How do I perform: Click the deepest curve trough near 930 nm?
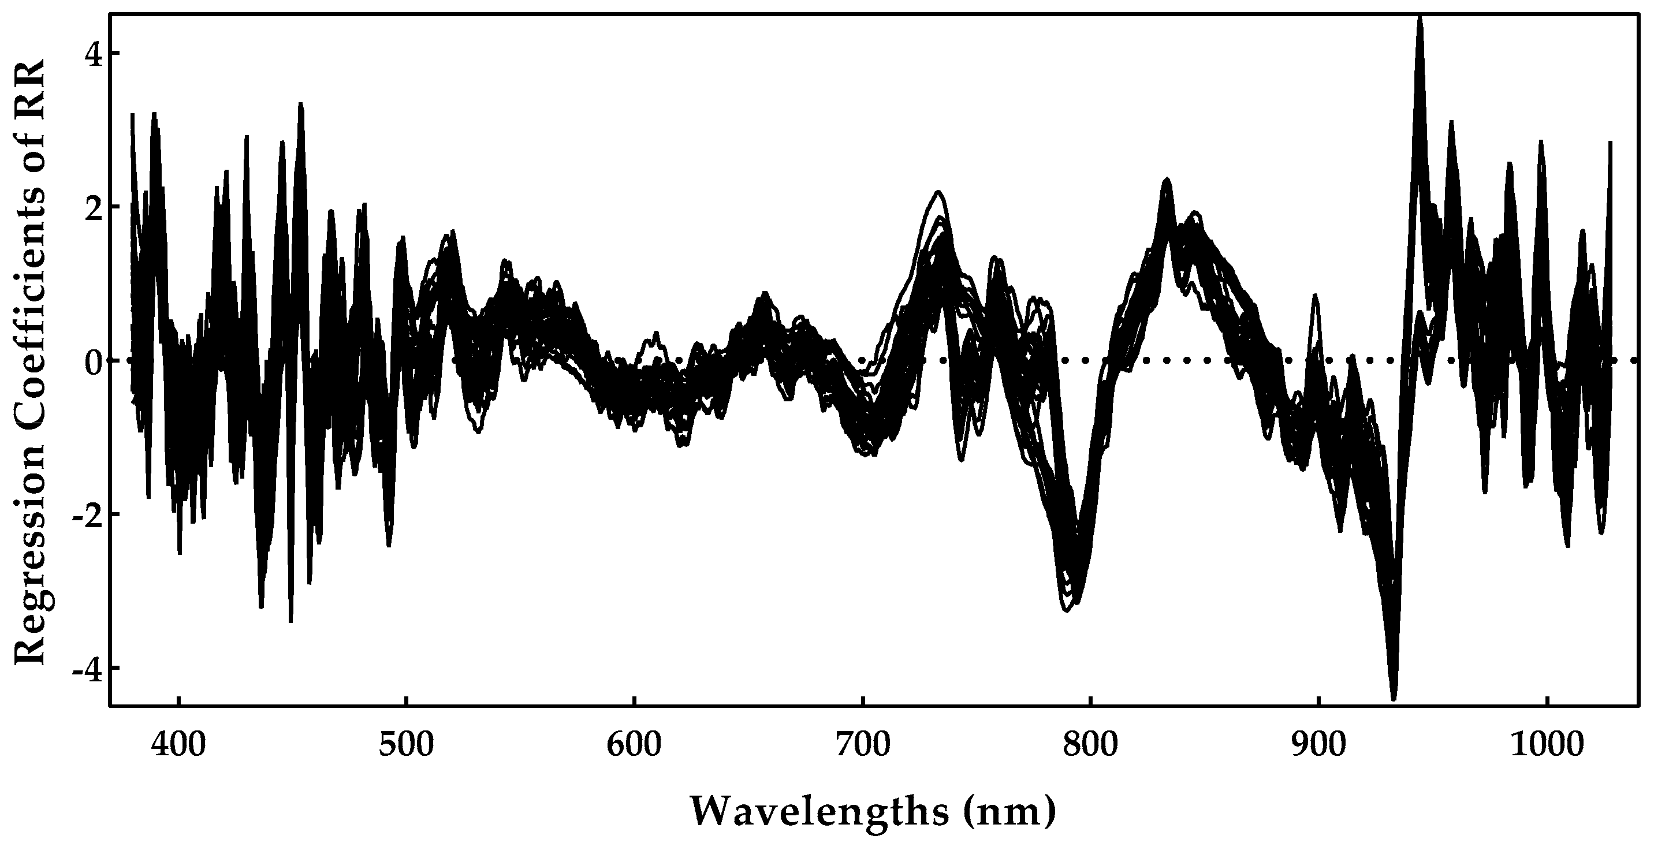coord(1394,699)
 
